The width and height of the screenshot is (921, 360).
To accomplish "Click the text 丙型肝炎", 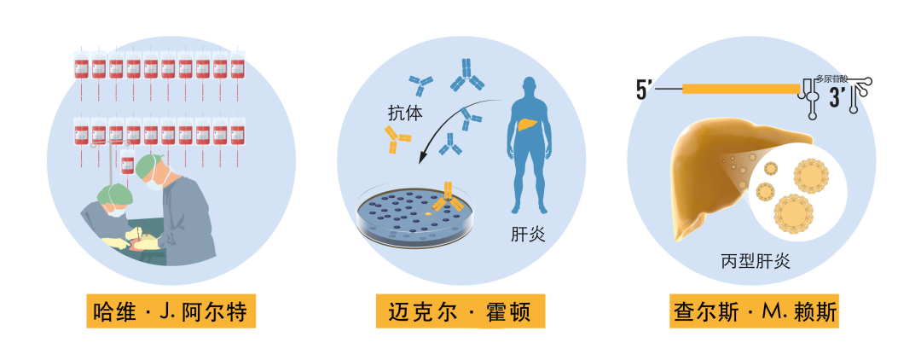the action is tap(756, 262).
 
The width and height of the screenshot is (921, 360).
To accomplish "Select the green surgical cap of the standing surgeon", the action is tap(152, 163).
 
